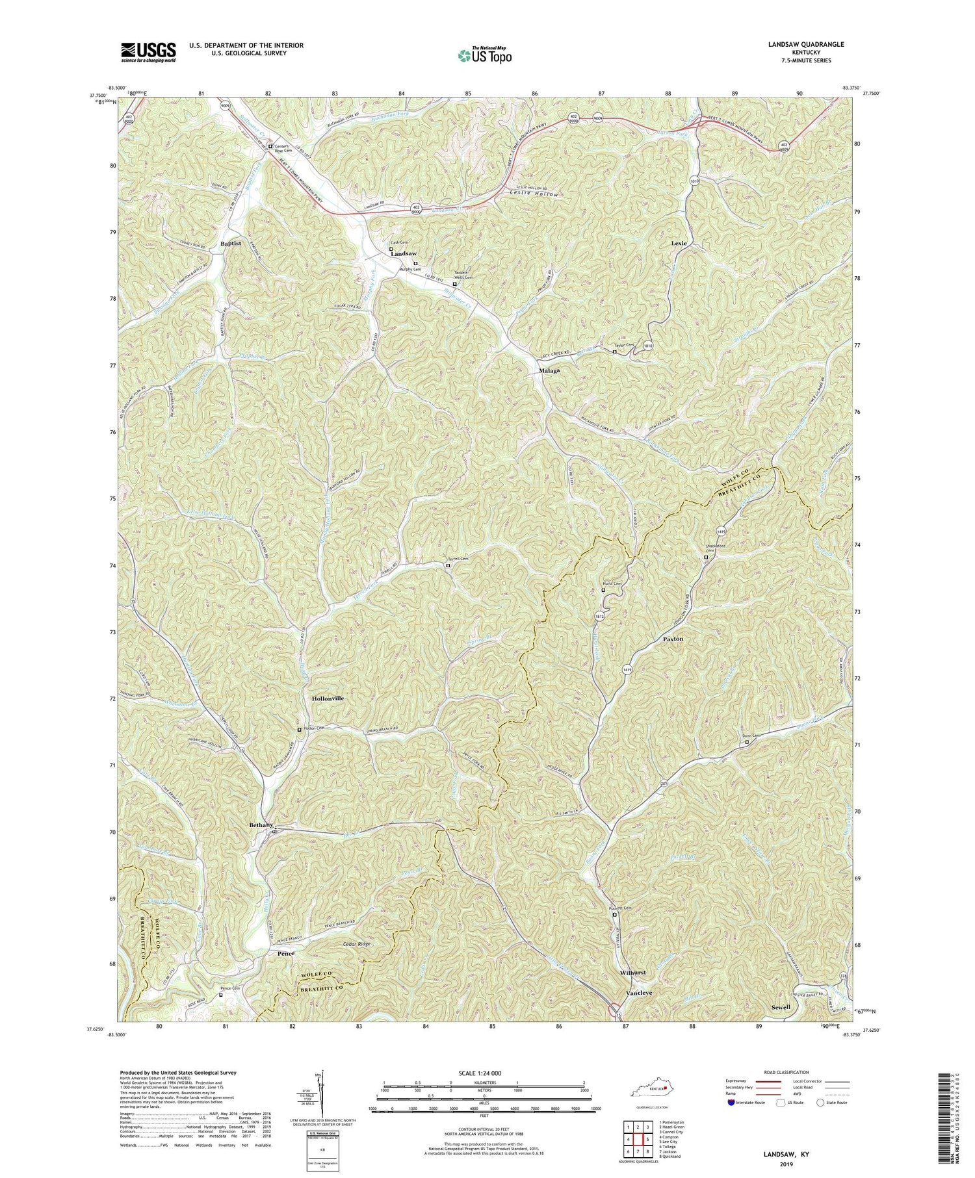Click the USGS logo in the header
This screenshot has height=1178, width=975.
(x=148, y=51)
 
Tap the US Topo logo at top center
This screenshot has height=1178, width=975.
(x=484, y=55)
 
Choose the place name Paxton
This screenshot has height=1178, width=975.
(x=673, y=639)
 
